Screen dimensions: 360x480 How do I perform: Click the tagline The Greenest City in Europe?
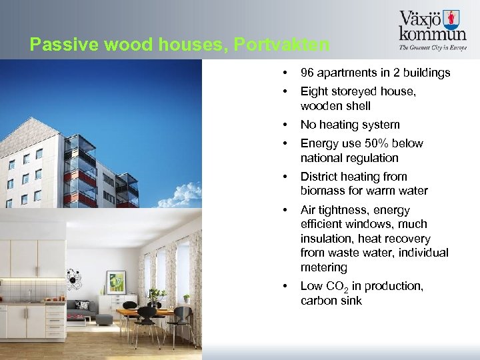click(432, 47)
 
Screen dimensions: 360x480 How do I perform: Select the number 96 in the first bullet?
click(307, 73)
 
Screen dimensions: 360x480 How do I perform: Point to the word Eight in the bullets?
click(313, 91)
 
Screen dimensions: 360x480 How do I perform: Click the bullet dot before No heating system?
click(285, 125)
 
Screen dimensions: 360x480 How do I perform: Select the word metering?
click(324, 267)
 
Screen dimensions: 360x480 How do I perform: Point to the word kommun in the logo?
click(432, 33)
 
